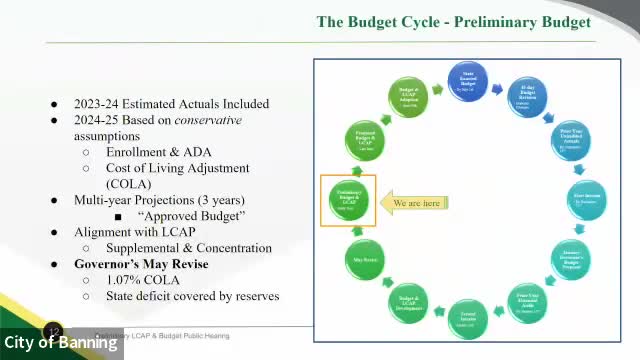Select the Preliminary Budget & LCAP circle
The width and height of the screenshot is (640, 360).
[348, 201]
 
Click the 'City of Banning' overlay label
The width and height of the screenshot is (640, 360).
[61, 343]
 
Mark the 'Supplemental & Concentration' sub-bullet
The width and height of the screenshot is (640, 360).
[189, 248]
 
